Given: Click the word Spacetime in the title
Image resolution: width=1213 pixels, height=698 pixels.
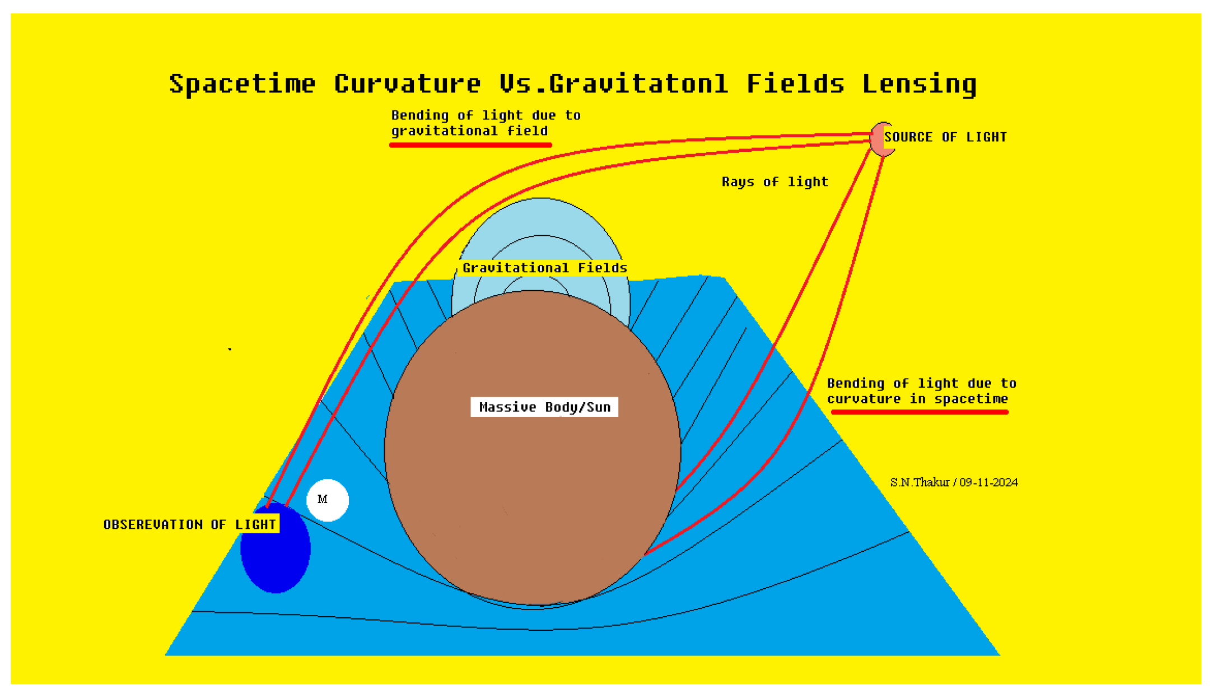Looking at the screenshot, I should point(242,84).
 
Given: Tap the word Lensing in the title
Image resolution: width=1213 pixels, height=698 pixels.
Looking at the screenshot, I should point(919,84).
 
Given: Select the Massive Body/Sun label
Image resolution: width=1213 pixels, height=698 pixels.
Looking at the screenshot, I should point(544,407).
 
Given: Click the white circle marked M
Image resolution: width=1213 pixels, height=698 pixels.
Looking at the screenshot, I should point(328,500).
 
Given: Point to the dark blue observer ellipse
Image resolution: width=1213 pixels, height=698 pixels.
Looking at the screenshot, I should point(275,560).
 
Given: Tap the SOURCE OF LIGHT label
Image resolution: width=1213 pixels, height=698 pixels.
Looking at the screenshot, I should point(945,137).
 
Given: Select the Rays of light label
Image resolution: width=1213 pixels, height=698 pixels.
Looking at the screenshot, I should point(775,182).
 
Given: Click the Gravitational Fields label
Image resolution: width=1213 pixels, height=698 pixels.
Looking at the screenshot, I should point(544,268).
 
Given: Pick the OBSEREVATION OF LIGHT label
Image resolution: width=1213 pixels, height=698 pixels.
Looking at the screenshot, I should point(190,525).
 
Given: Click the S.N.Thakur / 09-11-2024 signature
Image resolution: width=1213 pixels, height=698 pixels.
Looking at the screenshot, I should point(954,482).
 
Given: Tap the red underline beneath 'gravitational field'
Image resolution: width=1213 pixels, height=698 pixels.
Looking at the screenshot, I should point(470,145).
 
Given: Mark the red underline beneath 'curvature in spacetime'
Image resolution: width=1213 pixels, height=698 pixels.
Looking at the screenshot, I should point(920,412).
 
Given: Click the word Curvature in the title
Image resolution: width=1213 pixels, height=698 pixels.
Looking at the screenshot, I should point(407,84).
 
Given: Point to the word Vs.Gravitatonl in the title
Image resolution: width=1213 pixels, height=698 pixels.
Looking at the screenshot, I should point(614,84).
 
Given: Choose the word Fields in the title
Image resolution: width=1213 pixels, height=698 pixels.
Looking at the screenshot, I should point(795,84).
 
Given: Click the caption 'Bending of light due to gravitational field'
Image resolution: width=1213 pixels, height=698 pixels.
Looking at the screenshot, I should point(485,123).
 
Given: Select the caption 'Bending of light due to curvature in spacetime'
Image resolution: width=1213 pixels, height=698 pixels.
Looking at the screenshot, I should point(921,391).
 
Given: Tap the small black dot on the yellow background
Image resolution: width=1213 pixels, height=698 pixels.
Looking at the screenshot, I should point(230,349).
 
